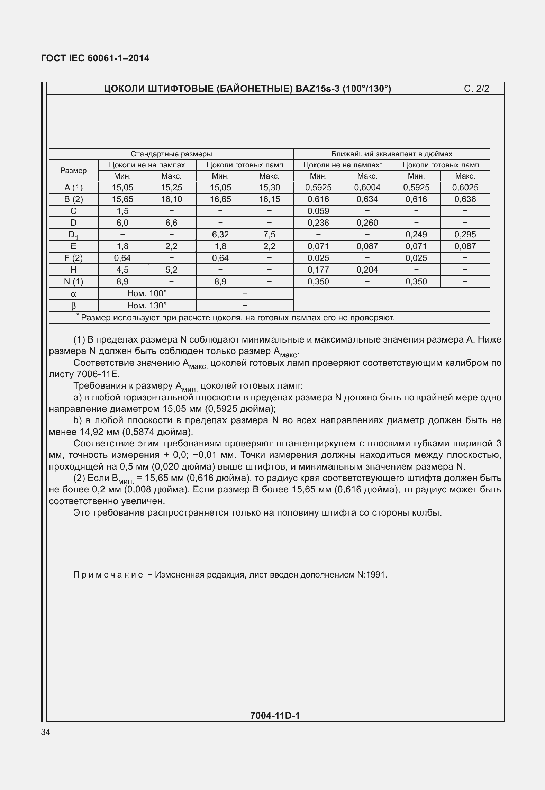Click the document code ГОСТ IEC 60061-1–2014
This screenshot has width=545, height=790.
point(95,58)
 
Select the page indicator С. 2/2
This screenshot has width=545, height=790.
point(476,89)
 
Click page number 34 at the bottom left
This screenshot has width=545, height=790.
point(46,732)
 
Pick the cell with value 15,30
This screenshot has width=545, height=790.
point(269,188)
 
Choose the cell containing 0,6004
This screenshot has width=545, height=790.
point(367,188)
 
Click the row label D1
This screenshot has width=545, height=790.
point(73,235)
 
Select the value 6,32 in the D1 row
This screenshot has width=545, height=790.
point(220,235)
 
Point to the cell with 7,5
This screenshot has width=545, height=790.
point(269,235)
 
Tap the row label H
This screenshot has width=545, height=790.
point(73,270)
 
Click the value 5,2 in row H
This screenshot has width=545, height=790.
point(171,270)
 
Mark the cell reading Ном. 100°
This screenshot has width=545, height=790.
point(147,293)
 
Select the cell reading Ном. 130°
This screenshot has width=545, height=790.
point(147,305)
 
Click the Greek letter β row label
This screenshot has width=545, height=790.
point(73,306)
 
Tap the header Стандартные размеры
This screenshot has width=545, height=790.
point(171,154)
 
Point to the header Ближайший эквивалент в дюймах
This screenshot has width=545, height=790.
point(392,154)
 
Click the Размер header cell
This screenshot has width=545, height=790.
point(73,170)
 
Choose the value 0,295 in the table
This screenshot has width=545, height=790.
point(465,235)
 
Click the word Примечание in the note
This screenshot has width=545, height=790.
point(108,575)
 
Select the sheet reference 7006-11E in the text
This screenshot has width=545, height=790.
point(98,374)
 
